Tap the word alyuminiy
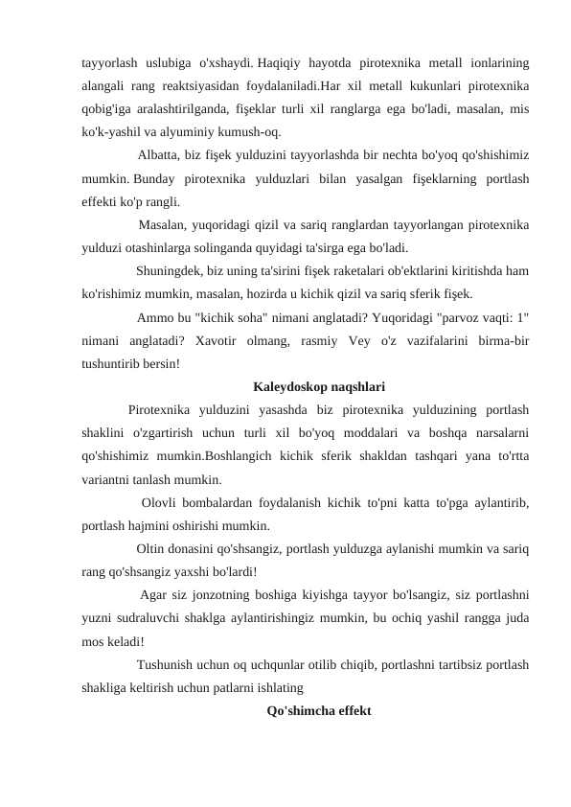208,133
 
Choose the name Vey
355,341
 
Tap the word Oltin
153,550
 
